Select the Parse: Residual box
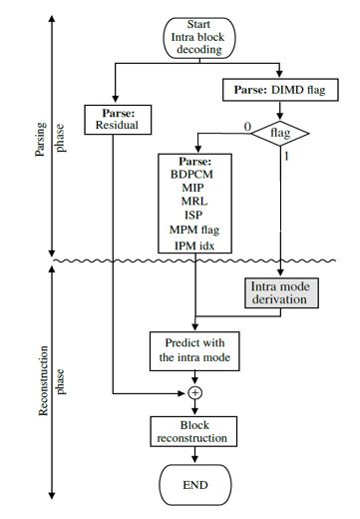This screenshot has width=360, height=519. click(118, 119)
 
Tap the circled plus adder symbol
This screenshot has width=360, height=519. click(194, 392)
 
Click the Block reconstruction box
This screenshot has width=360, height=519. click(194, 431)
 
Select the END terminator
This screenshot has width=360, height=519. click(194, 486)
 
